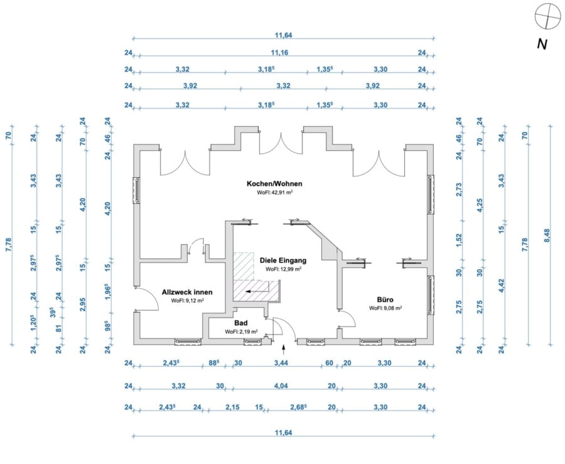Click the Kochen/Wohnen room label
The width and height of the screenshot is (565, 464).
click(x=274, y=184)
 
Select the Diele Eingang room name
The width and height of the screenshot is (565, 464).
click(x=283, y=260)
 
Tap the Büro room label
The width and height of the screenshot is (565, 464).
click(x=385, y=299)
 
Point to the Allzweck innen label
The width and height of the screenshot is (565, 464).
click(x=187, y=292)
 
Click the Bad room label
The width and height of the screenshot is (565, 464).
click(x=240, y=323)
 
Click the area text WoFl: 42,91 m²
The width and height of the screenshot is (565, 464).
click(x=274, y=193)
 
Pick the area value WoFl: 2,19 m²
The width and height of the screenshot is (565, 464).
click(x=241, y=332)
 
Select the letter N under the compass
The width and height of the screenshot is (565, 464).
click(x=542, y=45)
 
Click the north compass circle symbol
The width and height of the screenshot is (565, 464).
click(x=547, y=16)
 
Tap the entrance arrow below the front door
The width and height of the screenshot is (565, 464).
click(x=284, y=347)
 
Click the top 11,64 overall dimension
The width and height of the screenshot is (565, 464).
click(x=284, y=35)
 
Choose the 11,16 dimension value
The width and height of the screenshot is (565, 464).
click(x=279, y=53)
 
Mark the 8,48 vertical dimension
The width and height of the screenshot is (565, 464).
click(x=547, y=235)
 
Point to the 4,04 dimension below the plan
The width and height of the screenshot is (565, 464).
click(x=281, y=386)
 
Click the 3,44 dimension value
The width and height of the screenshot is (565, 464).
click(x=281, y=363)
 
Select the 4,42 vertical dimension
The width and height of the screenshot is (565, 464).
click(x=501, y=286)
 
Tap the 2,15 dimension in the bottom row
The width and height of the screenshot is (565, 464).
click(x=232, y=407)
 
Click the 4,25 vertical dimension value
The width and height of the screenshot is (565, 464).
click(x=480, y=205)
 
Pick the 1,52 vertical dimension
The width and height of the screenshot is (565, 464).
click(x=459, y=240)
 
